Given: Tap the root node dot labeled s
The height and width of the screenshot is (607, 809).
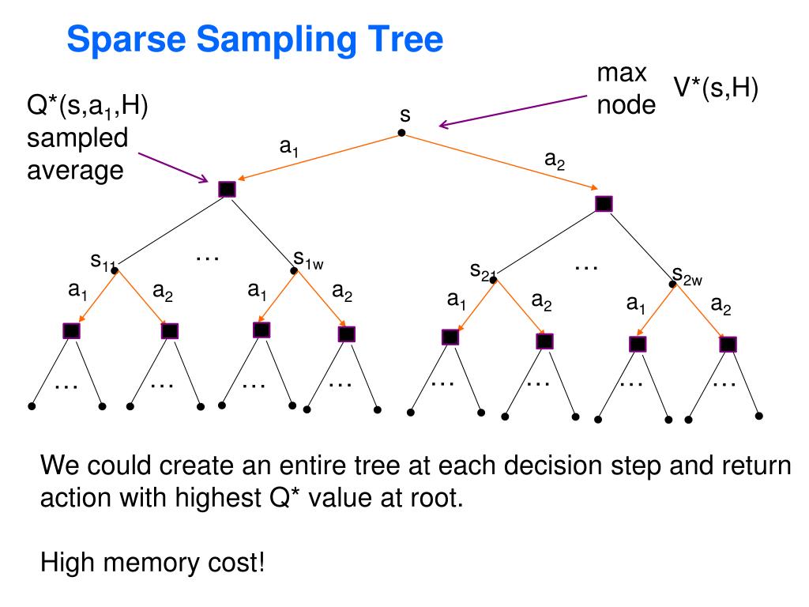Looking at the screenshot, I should point(401,133).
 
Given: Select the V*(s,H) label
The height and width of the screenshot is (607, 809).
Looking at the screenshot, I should point(715,89).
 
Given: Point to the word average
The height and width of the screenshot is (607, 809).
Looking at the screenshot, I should point(76,169).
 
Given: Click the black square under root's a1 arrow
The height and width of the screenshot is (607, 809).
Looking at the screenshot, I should point(227,189).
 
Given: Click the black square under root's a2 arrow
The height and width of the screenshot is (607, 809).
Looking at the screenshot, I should point(604,203).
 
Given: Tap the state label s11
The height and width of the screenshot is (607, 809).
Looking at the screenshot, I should point(103,261).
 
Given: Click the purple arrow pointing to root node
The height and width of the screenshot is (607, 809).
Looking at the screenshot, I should point(514,111).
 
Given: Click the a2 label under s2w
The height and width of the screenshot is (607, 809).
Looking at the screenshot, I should point(720,304).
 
